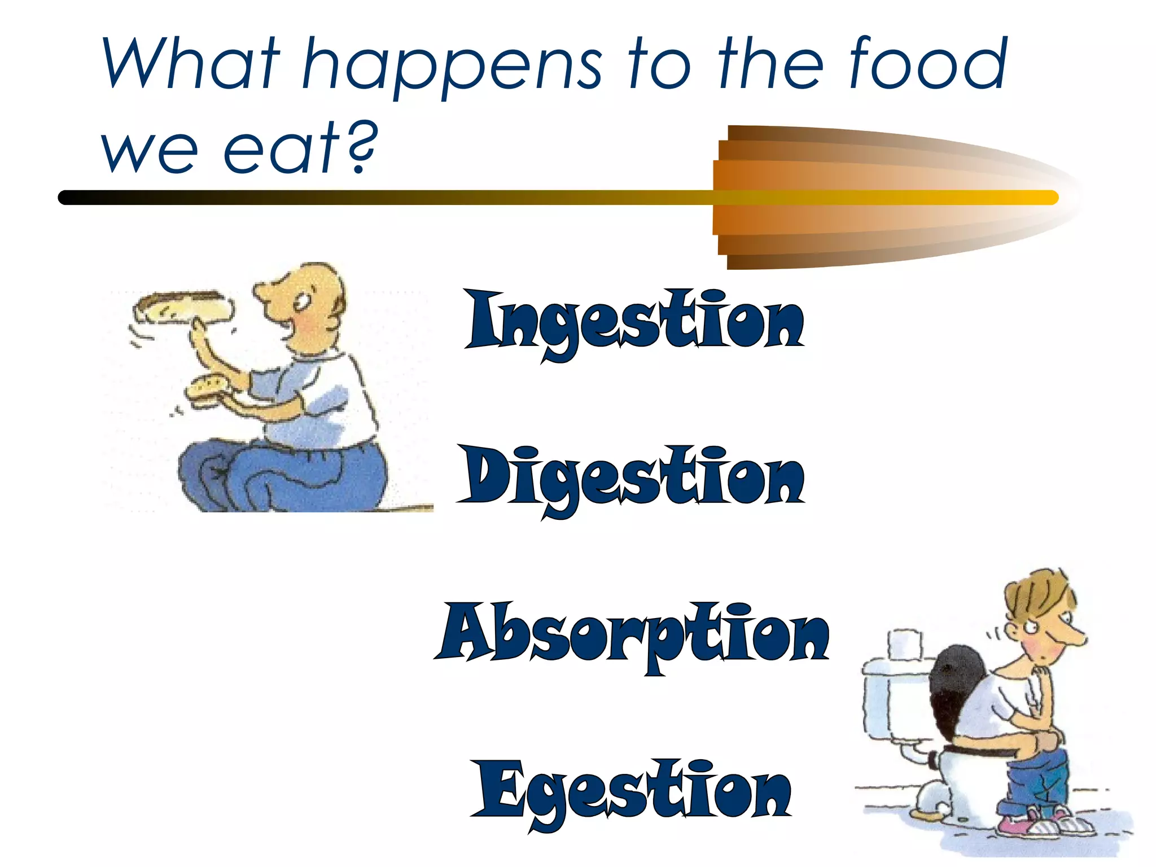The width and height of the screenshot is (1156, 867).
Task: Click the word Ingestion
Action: [634, 322]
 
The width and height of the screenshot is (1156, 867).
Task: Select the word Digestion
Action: [630, 478]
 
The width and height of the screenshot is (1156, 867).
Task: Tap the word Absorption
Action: [632, 633]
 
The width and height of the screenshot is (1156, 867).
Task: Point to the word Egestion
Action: [631, 790]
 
